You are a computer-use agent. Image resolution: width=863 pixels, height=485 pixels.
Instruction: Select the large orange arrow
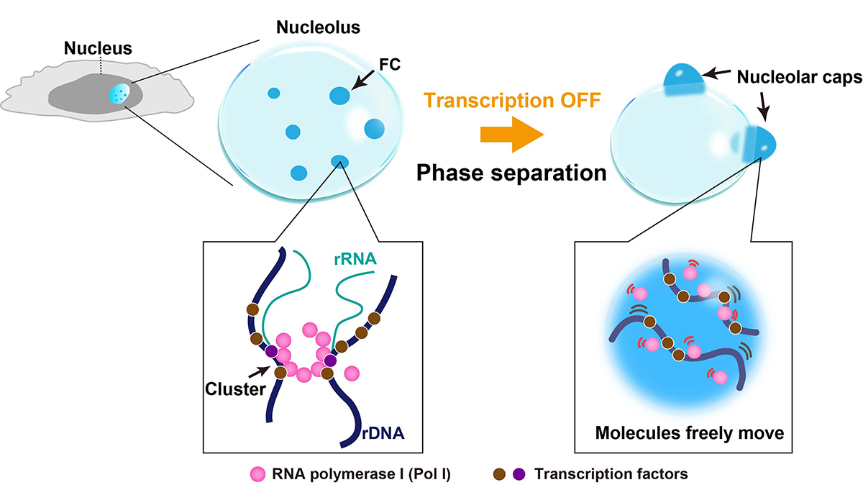coord(512,135)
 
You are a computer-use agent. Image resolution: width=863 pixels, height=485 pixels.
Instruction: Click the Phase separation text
coord(511,173)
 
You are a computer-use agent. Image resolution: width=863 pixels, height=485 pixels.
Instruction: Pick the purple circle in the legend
coord(518,474)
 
